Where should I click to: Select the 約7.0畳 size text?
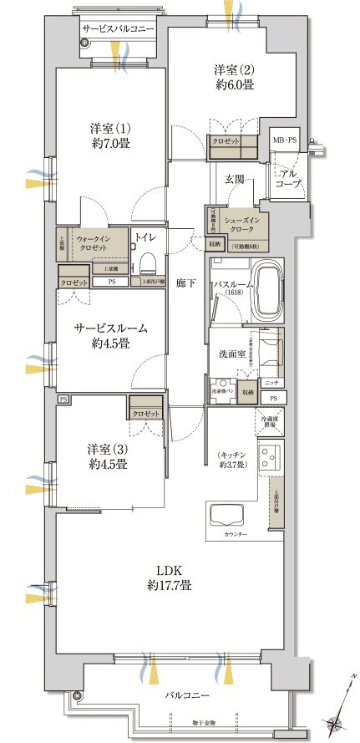point(112,143)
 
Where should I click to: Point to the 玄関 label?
point(235,179)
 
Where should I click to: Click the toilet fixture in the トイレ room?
point(149,264)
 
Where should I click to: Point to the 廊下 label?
point(186,283)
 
